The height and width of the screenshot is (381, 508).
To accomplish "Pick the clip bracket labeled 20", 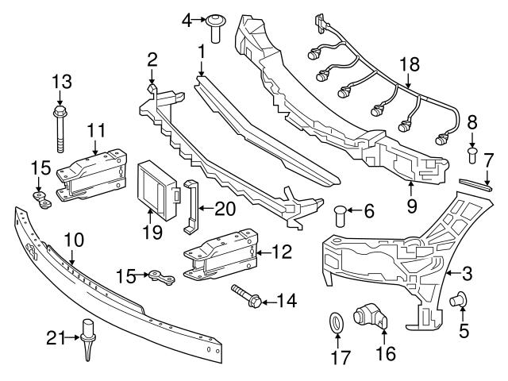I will [191, 208].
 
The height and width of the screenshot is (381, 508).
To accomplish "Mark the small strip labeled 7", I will [477, 186].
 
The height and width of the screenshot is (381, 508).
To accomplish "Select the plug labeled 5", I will [458, 299].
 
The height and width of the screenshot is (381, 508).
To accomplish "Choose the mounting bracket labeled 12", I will [222, 254].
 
